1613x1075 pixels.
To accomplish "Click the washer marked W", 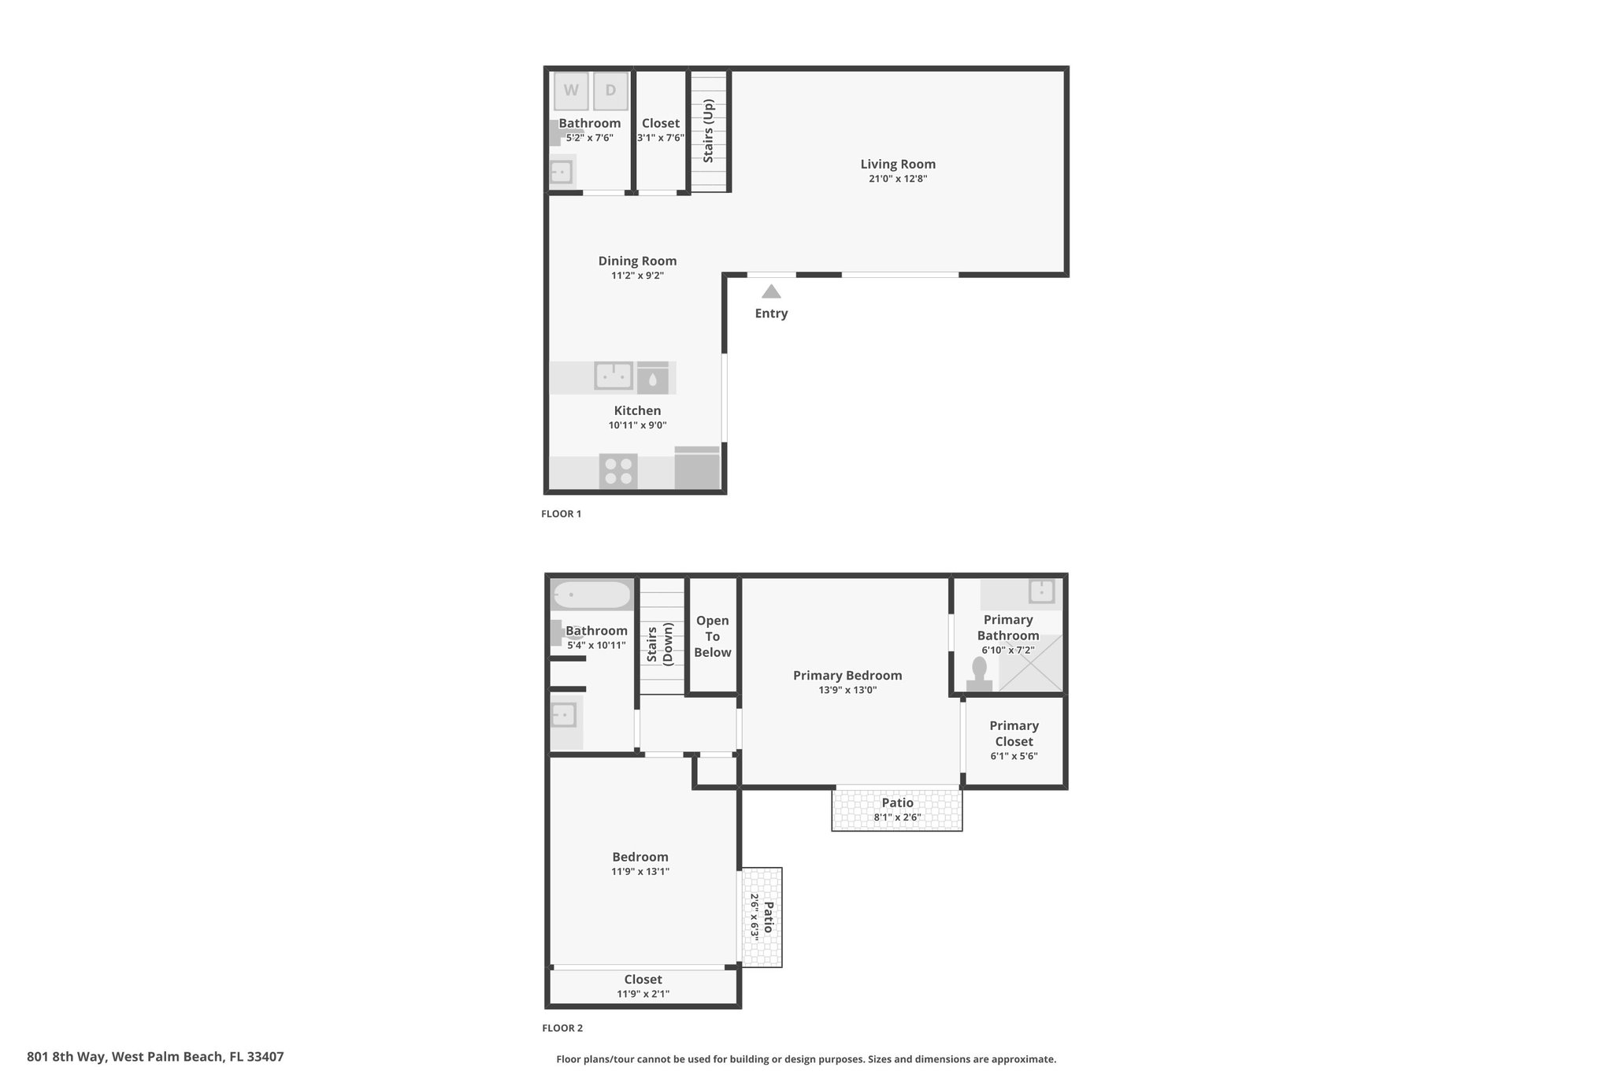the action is click(x=571, y=91).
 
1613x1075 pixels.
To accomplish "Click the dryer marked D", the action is click(x=610, y=91).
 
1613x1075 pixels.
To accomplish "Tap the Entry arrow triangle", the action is click(x=771, y=291).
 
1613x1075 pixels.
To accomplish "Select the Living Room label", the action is click(x=898, y=164).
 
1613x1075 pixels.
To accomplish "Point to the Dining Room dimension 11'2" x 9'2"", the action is click(x=637, y=276).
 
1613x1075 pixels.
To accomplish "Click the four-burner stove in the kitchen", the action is click(x=618, y=471).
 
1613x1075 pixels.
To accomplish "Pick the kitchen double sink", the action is click(x=614, y=376).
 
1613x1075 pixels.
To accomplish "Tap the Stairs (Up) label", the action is click(x=708, y=131).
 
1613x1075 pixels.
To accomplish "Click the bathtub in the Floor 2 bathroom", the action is click(x=591, y=595).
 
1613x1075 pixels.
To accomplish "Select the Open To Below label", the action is click(x=713, y=636).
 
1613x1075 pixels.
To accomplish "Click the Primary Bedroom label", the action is click(x=847, y=675).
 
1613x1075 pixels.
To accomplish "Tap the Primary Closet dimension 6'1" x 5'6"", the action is click(x=1014, y=756).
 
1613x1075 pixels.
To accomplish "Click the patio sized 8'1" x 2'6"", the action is click(x=897, y=809).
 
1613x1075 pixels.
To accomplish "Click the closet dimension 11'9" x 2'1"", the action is click(x=643, y=994).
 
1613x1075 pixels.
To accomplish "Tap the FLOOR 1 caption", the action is click(x=561, y=513).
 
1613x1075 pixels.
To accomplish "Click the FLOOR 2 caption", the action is click(x=562, y=1028).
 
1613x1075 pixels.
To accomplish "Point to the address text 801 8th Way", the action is click(x=66, y=1057).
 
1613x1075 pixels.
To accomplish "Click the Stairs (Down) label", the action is click(x=660, y=644).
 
